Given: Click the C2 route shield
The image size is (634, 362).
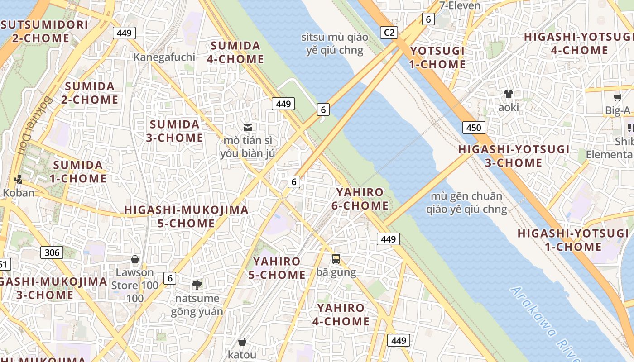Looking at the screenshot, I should pos(389,33).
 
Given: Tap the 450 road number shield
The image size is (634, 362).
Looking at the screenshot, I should pos(474,128).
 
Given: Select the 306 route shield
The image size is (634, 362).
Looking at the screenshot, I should pos(52,252).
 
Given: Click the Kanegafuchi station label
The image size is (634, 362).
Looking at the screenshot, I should pos(164,57).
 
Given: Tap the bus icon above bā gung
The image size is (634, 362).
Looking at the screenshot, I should pos(336,259).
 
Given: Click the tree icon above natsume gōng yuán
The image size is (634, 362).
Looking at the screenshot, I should pos(197,285).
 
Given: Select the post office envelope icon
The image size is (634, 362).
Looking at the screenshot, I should pos(248,128).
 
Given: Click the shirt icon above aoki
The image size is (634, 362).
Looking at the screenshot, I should pos(509,94).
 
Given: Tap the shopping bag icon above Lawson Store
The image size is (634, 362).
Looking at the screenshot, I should pos(134,259).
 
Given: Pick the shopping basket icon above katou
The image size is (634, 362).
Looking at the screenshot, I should pos(242,342).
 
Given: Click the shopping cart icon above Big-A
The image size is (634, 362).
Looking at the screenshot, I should pos(617,97).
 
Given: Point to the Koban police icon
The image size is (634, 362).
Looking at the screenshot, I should pos(18,180).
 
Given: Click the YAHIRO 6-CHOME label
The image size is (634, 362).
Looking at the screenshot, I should pos(360,199).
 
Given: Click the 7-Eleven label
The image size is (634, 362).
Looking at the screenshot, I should pos(460,6).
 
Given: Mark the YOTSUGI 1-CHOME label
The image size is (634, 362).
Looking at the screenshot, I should pos(437,57).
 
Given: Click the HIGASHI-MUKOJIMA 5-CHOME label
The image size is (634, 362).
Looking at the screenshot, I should pos(186,216).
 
